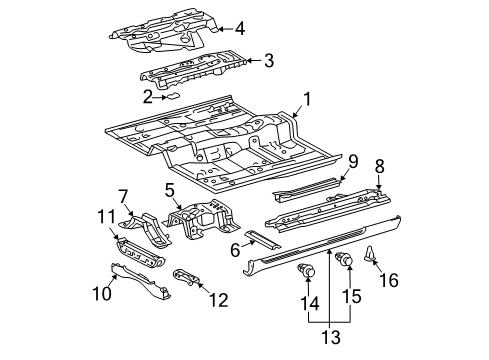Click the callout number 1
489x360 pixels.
308,127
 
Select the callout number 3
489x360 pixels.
268,61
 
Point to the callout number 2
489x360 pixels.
147,96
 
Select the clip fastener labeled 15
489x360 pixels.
349,261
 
